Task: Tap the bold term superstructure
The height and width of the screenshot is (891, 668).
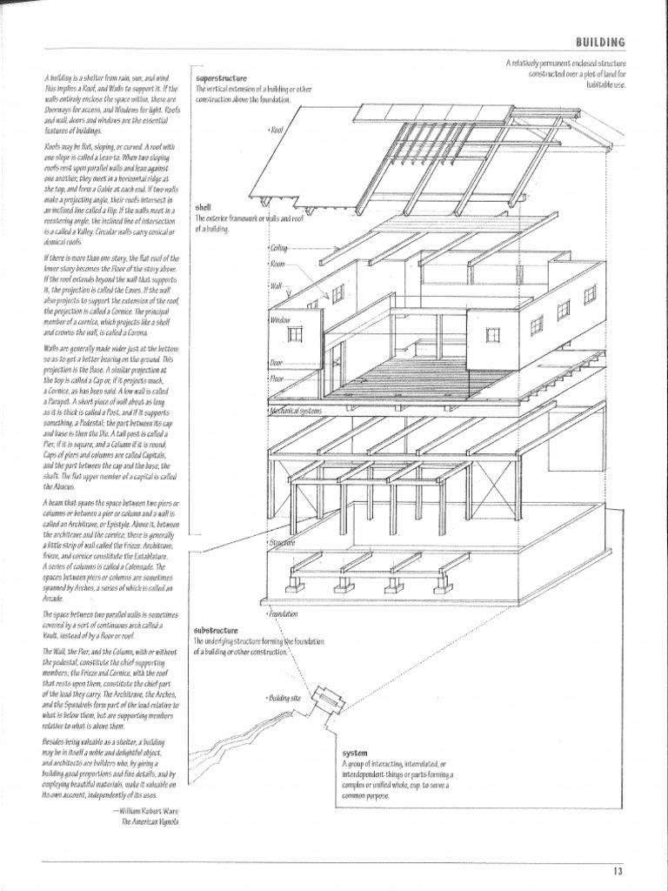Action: pyautogui.click(x=223, y=78)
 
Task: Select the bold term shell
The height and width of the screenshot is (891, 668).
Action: pyautogui.click(x=204, y=208)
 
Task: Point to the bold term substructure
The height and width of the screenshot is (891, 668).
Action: pyautogui.click(x=216, y=630)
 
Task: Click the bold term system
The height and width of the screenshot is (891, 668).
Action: pyautogui.click(x=355, y=752)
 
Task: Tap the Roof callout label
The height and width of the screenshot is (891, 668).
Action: pyautogui.click(x=277, y=130)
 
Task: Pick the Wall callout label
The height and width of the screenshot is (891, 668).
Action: pyautogui.click(x=277, y=285)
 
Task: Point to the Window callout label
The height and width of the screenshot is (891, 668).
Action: pyautogui.click(x=279, y=320)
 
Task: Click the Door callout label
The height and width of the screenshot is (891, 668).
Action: pyautogui.click(x=277, y=362)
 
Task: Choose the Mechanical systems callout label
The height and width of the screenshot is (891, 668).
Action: pyautogui.click(x=296, y=410)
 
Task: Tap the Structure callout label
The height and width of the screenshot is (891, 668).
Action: pyautogui.click(x=282, y=543)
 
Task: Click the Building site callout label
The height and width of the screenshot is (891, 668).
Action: pyautogui.click(x=284, y=698)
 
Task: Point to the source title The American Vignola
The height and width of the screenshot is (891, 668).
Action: pyautogui.click(x=150, y=821)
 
